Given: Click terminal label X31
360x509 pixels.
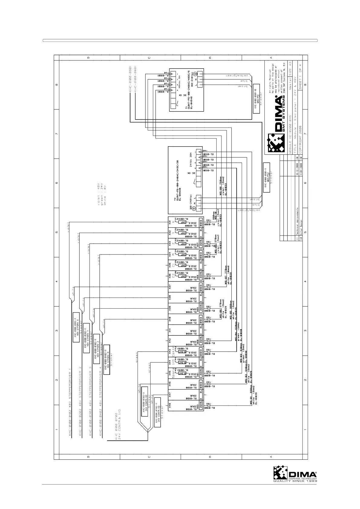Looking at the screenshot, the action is (x=170, y=222).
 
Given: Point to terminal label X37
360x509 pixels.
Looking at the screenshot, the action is (x=170, y=286).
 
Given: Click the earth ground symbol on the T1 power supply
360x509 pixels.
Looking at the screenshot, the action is (x=195, y=73).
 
